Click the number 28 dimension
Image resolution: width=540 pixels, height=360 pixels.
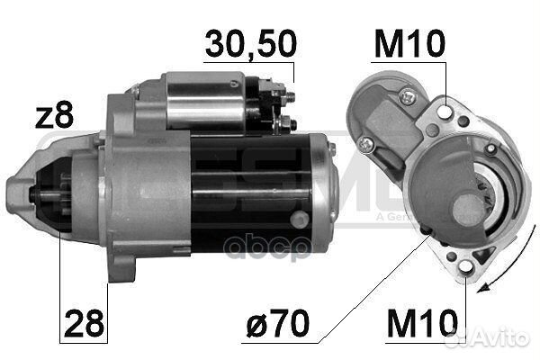pos(81,320)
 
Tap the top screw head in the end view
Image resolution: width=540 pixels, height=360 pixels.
pos(410,93)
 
